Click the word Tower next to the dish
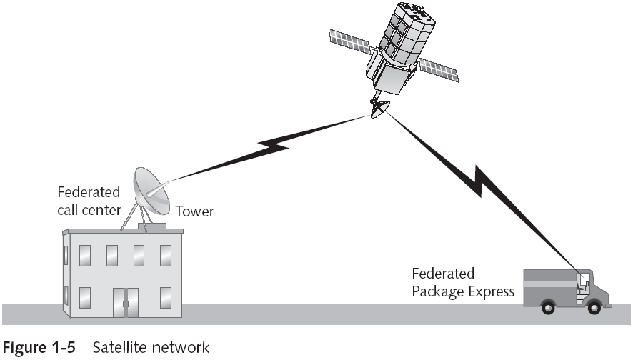click(195, 211)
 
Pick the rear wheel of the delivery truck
click(547, 307)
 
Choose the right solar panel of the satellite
click(438, 68)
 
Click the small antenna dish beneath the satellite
click(379, 108)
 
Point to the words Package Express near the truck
click(462, 291)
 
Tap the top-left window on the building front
click(86, 254)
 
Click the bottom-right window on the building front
click(166, 296)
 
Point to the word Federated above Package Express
click(443, 274)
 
